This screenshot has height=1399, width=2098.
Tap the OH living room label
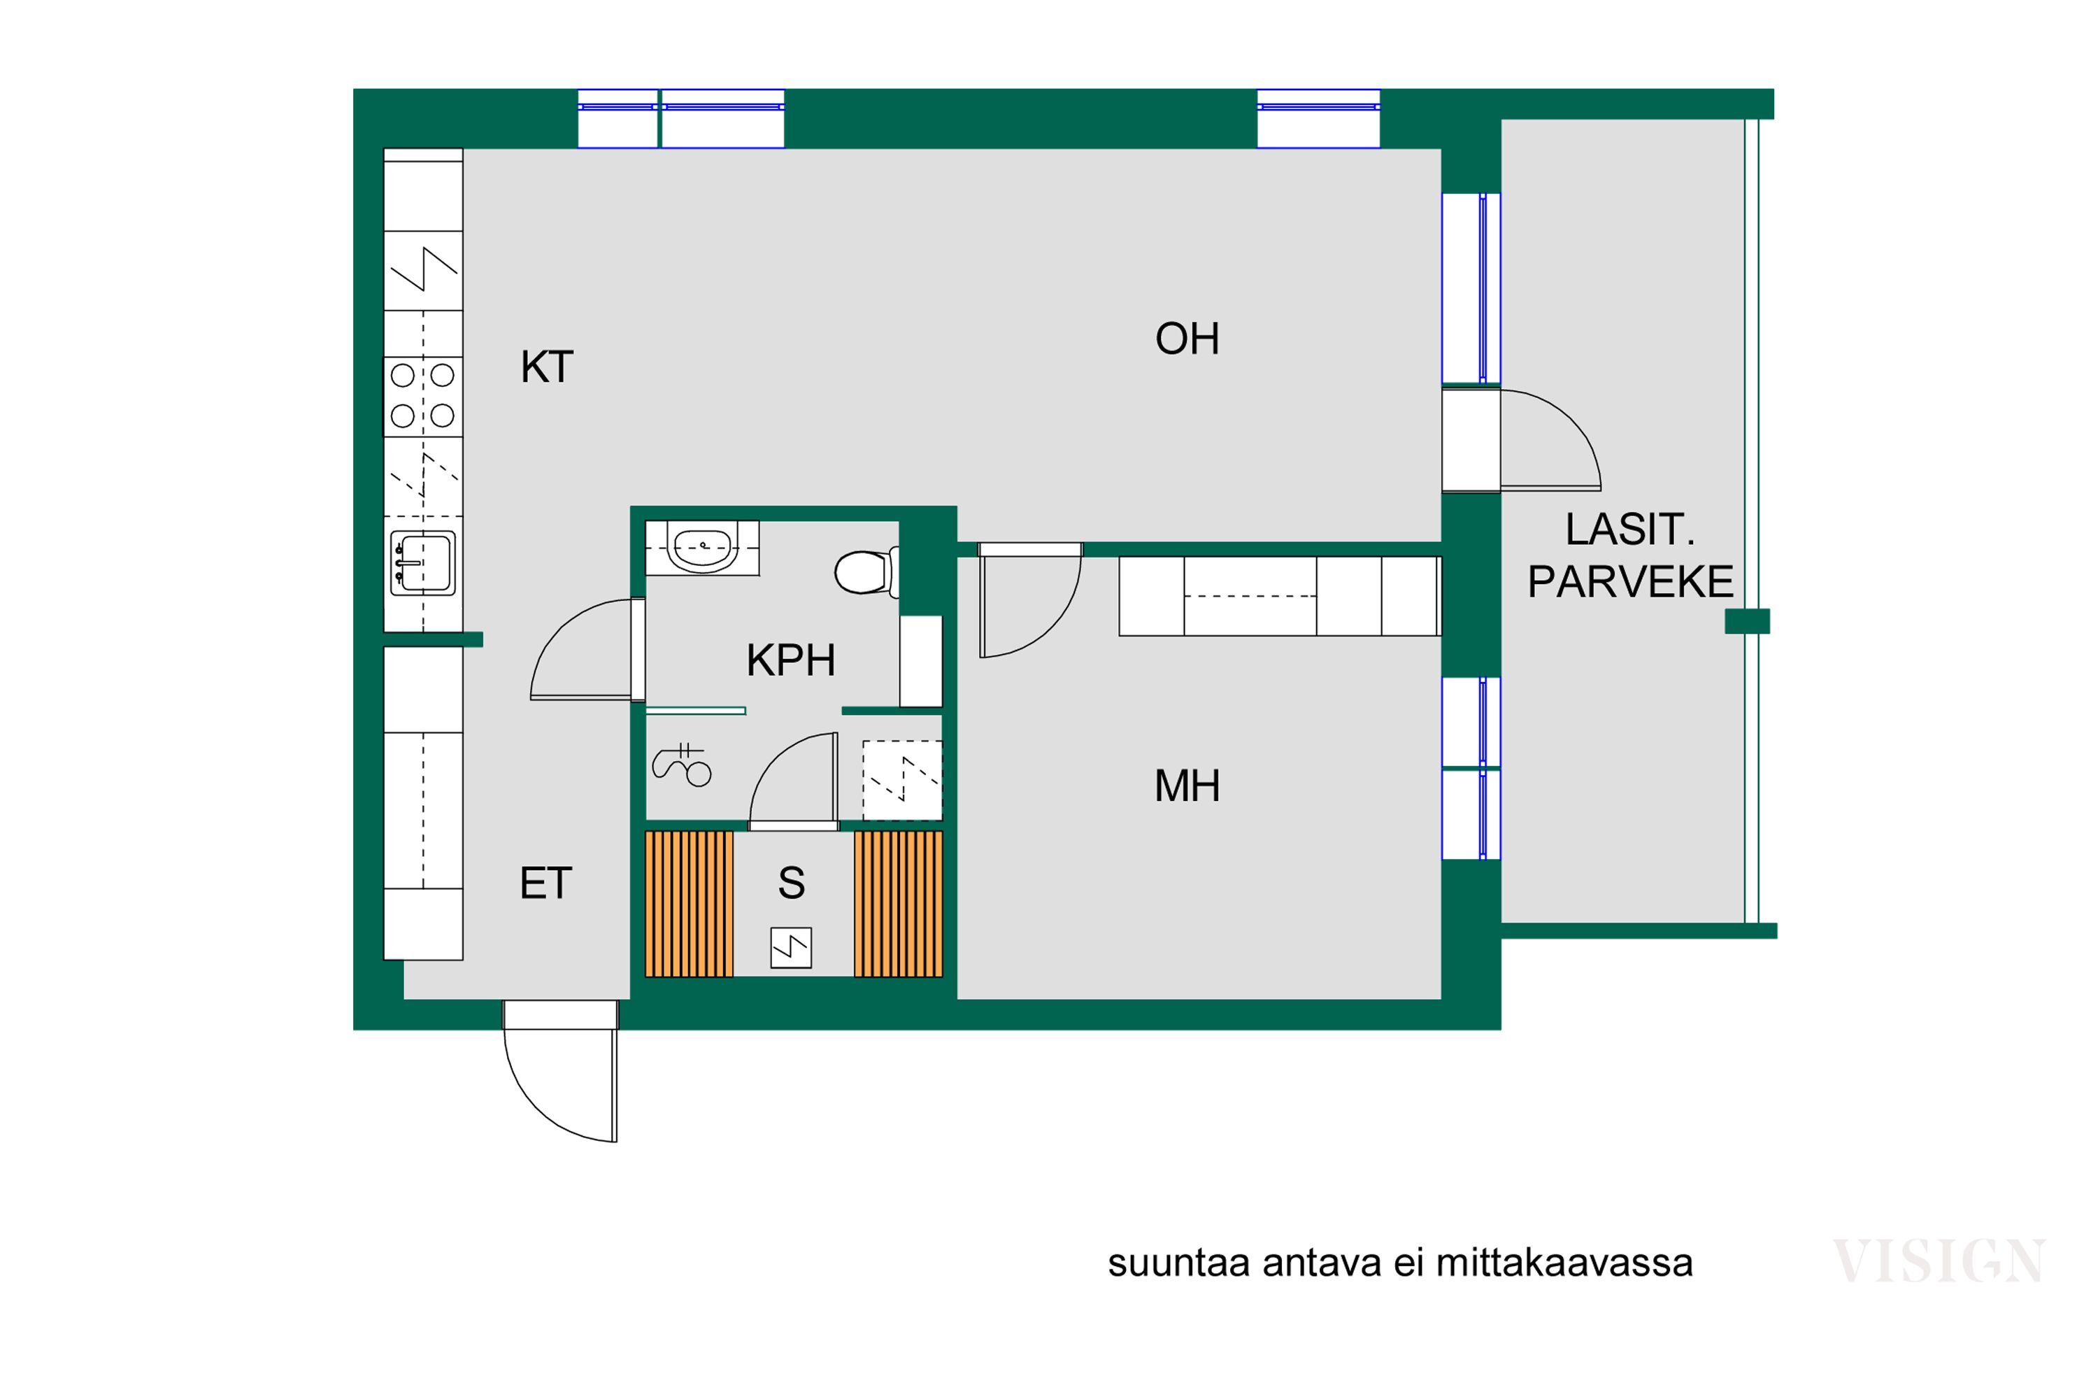1186,339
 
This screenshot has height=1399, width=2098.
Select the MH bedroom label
1186,786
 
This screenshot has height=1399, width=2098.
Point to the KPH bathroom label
790,661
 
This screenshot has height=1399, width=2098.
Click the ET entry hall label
545,883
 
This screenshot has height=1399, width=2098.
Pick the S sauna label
791,883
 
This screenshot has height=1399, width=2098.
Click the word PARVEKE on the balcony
1629,583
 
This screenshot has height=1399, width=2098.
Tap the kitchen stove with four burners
423,396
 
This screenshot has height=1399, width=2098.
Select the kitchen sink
423,563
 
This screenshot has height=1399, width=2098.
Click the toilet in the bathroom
864,572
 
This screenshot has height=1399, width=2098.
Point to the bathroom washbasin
703,546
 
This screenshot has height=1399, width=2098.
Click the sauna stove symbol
790,948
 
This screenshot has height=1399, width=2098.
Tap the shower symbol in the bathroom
683,765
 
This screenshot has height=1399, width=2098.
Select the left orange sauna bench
689,904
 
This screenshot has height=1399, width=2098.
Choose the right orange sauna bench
897,904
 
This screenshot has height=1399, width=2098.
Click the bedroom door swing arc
1035,606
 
